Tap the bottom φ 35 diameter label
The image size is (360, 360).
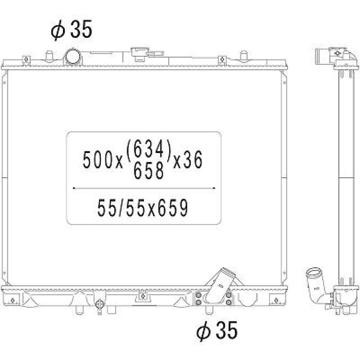coord(217,330)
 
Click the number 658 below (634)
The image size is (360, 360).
coord(149,170)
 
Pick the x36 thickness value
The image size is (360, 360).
coord(188,159)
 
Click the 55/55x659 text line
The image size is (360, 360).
coord(143,208)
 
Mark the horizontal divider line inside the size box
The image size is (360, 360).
coord(144,188)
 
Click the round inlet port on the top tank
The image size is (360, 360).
coord(73,57)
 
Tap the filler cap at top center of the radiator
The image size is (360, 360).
coord(140,54)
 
